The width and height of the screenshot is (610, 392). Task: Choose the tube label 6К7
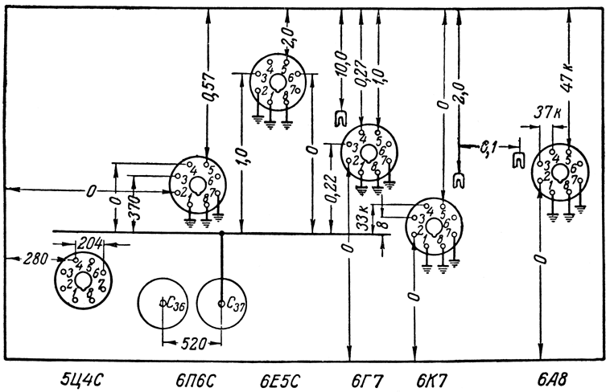coord(431,376)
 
